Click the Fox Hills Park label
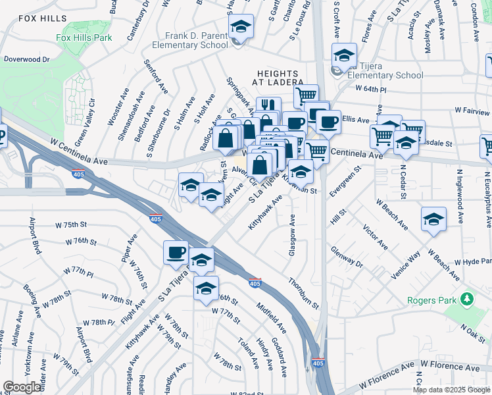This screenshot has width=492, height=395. pos(84,38)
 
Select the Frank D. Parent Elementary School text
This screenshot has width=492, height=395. pos(191,40)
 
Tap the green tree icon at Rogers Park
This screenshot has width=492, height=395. pos(468,300)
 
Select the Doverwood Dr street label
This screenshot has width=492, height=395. pos(26,59)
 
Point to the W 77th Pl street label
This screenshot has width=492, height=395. pos(78,271)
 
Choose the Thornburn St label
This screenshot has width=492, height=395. pos(303,293)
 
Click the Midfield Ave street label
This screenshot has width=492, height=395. pos(272,317)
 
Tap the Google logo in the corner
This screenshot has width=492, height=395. pos(22,387)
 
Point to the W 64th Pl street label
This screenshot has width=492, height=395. pos(368,88)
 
